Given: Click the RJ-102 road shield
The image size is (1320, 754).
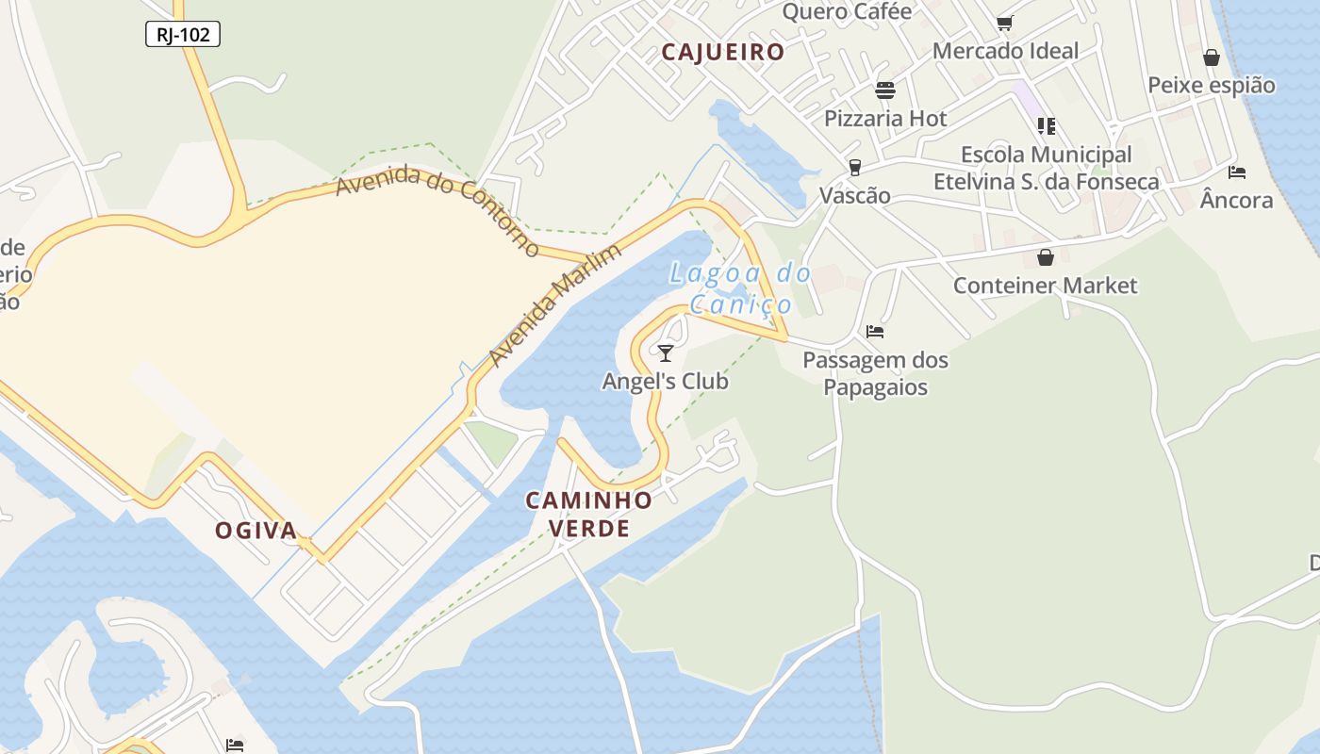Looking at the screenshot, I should (183, 35).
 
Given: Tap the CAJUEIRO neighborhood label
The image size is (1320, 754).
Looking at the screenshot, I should (723, 52).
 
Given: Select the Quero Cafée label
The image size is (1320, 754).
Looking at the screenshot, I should (848, 11).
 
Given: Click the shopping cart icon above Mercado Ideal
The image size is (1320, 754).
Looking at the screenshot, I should (1005, 23).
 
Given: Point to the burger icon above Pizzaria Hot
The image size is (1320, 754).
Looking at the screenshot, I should (885, 90).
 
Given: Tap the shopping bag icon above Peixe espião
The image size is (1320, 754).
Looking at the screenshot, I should (1212, 57).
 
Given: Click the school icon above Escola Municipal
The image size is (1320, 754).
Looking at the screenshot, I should (1046, 125).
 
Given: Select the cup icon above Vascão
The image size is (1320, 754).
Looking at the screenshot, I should (855, 168).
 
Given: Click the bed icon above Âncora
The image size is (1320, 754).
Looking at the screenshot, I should (1237, 172).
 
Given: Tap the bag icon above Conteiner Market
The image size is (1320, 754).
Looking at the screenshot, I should (1046, 257).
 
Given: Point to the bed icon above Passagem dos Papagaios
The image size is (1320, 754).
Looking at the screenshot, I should (875, 332).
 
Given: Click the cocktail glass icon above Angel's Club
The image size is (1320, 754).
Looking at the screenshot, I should (666, 353).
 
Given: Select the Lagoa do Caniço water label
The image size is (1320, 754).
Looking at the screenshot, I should (740, 288).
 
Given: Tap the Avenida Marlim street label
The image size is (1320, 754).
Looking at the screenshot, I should (555, 305).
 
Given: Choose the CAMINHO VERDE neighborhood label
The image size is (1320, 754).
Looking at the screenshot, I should (589, 514).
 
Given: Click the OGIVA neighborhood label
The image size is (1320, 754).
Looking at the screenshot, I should (256, 531).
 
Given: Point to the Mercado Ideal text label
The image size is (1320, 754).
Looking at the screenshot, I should (1005, 51).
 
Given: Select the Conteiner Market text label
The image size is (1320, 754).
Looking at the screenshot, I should (1046, 286).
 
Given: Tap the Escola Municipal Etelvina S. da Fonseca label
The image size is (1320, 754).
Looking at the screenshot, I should (1046, 168).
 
